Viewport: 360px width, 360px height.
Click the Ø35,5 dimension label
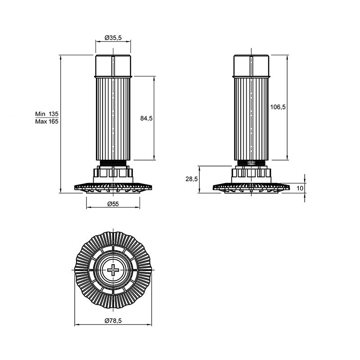pos(113,38)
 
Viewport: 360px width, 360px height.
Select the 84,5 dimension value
pos(146,118)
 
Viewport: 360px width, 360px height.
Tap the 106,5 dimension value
pos(278,107)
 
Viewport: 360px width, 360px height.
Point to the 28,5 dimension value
pos(192,179)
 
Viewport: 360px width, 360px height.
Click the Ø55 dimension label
pos(113,204)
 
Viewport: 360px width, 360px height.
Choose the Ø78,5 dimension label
pos(113,321)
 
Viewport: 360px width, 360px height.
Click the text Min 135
pos(47,114)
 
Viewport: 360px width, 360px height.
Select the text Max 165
pos(47,121)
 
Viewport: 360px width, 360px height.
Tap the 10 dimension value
pos(300,188)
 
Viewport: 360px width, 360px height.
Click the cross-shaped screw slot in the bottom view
pos(113,270)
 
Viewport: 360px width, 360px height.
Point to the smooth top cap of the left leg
pos(113,66)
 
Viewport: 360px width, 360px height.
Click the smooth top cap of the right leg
pos(252,66)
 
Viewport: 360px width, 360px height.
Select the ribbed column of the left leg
pos(113,119)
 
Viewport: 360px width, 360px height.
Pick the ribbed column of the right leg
pos(252,119)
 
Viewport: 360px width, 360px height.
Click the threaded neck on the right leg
pos(252,163)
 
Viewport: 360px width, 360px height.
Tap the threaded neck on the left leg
pos(113,163)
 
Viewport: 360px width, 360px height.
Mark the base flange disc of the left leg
pos(113,188)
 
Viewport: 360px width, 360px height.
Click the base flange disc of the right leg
pos(252,188)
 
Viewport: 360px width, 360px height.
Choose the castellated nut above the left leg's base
pos(113,175)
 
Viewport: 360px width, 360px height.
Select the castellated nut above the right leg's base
pos(252,175)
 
